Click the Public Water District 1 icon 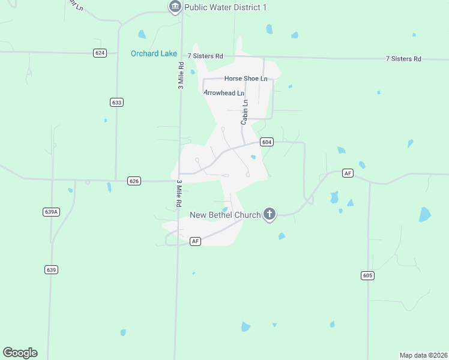175,7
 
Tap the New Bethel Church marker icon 270,214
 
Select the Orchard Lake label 154,53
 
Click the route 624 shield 100,53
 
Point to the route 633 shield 116,103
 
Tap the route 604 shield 267,142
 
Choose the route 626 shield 134,181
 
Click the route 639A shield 52,212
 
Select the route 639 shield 51,269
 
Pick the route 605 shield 368,275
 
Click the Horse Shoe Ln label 246,79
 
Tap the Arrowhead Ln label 224,93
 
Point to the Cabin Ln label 244,112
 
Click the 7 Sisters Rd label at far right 403,59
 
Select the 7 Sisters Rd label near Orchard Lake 205,56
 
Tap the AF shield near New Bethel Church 195,241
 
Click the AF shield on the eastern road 348,173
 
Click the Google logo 20,353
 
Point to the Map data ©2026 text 423,355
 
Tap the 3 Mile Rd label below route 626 178,193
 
